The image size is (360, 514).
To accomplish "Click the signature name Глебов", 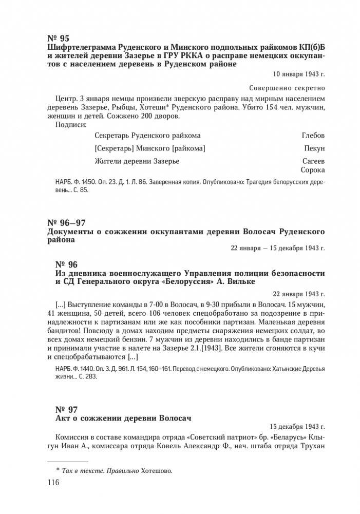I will [313, 136].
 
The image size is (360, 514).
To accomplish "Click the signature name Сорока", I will [313, 170].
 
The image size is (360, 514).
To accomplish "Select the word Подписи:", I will [70, 124].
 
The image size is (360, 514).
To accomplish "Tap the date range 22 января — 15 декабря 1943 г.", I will [278, 249].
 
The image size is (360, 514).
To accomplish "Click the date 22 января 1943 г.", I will [297, 294].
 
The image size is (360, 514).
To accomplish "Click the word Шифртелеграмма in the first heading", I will [76, 48].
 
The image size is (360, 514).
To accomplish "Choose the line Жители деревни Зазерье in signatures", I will [137, 161].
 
